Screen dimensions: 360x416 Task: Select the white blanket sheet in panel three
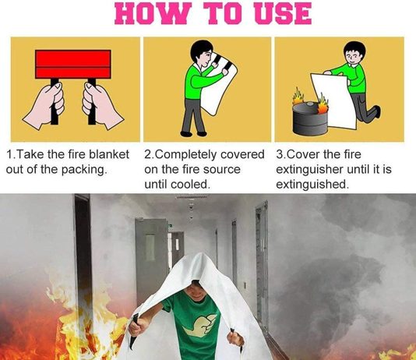tap(335, 101)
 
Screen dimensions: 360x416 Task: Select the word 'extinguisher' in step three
tap(312, 169)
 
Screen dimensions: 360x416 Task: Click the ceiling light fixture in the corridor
tap(191, 197)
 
